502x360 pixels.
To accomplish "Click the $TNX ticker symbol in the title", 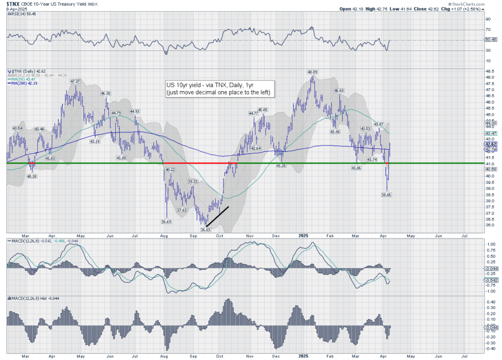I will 14,4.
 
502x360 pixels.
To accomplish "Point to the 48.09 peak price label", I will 312,72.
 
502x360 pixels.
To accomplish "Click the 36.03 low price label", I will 205,229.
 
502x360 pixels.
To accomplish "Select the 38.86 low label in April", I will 386,194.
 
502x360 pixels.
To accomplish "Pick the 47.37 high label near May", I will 75,81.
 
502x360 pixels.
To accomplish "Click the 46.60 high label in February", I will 339,91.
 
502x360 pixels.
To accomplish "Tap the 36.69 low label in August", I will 167,221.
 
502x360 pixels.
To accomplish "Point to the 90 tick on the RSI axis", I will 488,19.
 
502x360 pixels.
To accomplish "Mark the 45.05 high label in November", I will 263,110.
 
